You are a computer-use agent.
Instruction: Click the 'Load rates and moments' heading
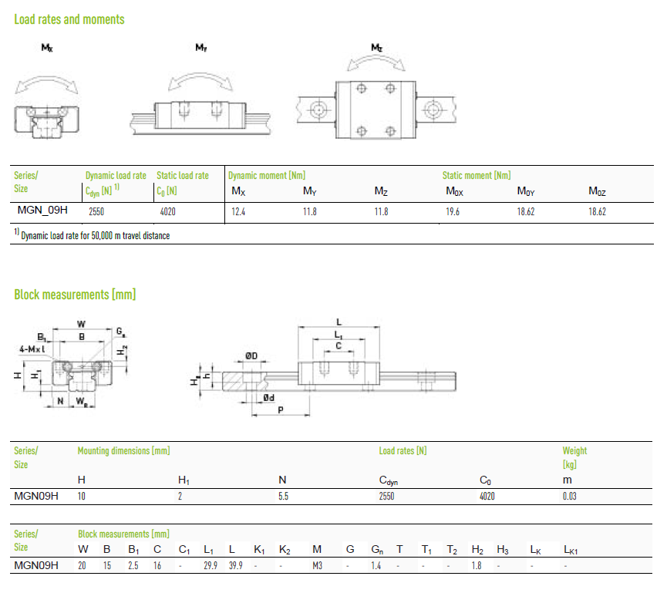click(69, 19)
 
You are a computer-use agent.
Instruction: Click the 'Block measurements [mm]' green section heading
click(75, 295)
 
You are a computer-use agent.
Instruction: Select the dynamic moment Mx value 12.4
click(238, 211)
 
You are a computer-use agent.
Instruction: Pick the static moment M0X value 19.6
click(453, 211)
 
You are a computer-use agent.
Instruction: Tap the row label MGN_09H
click(42, 210)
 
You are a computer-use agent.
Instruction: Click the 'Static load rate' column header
click(183, 175)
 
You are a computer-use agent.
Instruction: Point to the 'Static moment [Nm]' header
click(477, 175)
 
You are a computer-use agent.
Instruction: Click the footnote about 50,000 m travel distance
click(92, 235)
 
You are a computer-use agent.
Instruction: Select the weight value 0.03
click(570, 496)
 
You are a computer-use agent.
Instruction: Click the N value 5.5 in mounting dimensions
click(283, 496)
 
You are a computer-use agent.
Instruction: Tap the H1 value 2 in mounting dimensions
click(180, 496)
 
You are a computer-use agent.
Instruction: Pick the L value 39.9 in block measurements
click(236, 565)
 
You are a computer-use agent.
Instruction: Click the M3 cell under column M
click(318, 565)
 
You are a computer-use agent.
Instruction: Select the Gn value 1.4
click(376, 565)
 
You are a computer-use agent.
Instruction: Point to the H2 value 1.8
click(477, 565)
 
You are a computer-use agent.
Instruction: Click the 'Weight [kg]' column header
click(574, 457)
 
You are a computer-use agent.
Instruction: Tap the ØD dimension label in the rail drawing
click(251, 355)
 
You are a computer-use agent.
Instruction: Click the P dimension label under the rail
click(281, 410)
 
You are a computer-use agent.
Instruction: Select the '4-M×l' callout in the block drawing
click(32, 349)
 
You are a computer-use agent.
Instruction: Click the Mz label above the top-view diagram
click(377, 47)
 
